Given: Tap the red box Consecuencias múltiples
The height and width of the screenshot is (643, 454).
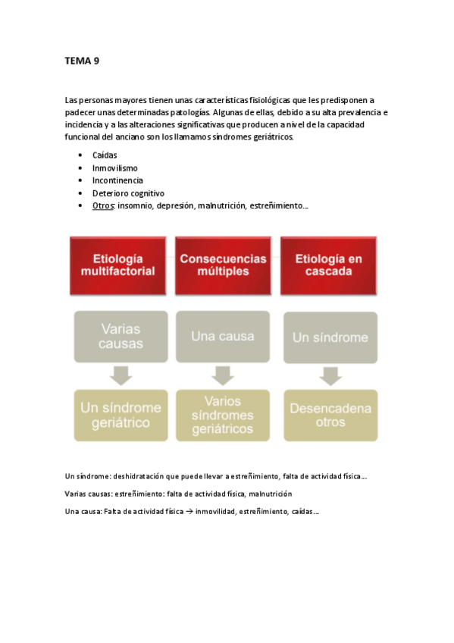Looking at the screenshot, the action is point(223,265).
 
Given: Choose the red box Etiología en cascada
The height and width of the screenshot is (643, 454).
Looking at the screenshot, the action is point(328,265).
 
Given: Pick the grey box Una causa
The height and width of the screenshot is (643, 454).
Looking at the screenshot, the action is point(223,336).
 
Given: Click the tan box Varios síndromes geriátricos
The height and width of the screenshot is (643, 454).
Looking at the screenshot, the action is point(223,415).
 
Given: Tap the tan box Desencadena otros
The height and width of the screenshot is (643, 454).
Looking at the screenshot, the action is point(330,415).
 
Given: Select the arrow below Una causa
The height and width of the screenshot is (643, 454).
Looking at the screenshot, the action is point(223,375).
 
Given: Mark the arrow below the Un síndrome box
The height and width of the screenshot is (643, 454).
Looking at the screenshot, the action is point(330,375).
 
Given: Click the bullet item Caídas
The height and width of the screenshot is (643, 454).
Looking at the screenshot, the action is point(105,155).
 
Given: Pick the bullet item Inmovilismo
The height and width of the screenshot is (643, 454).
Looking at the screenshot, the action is point(114,168).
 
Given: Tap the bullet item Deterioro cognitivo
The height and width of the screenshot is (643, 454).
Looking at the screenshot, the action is point(128,193).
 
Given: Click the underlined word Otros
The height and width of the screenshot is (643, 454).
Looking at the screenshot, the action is point(102,206).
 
